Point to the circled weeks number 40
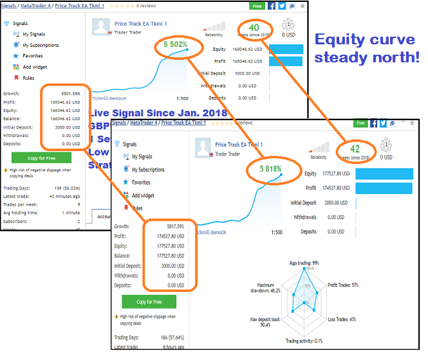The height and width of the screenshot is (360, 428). pyautogui.click(x=254, y=28)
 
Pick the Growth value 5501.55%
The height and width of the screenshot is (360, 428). pyautogui.click(x=66, y=93)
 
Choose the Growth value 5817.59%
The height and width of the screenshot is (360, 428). pyautogui.click(x=171, y=226)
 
